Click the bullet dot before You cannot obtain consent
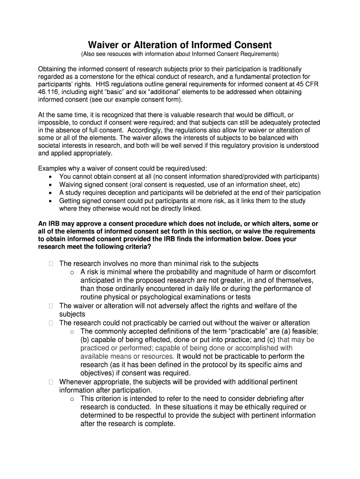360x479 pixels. point(50,176)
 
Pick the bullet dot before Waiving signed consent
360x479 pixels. point(50,184)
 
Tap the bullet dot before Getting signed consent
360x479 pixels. point(50,201)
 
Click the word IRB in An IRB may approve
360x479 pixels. point(52,224)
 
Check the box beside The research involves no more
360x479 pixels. point(50,264)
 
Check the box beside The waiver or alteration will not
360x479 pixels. point(50,306)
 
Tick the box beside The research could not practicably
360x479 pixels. point(50,323)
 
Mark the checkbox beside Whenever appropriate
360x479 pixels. point(50,382)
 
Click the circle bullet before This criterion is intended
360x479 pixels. point(72,399)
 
